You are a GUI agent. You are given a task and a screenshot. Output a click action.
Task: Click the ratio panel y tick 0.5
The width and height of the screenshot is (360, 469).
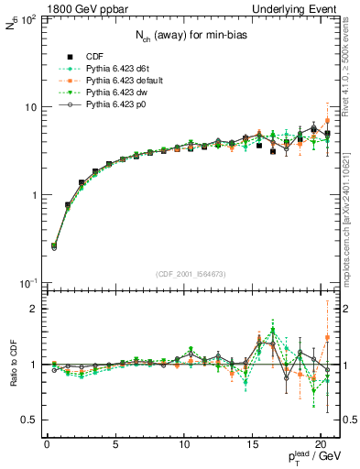click(30, 420)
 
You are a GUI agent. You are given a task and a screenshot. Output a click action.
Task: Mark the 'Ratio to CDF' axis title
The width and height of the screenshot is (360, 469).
click(12, 365)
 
